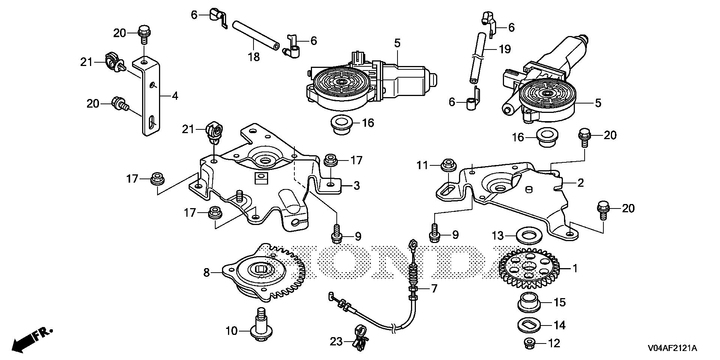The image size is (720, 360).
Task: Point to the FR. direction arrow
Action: click(32, 339)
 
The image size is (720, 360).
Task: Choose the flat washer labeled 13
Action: click(529, 236)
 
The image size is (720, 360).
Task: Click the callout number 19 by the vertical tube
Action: click(505, 49)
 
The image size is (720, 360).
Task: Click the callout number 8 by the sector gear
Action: click(207, 273)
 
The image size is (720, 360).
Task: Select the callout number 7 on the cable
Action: click(434, 289)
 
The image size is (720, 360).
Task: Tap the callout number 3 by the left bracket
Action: click(356, 185)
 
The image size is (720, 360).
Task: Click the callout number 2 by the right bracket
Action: click(580, 183)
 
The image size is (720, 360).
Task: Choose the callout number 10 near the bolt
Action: click(231, 331)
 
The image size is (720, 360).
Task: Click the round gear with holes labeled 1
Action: click(529, 268)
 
